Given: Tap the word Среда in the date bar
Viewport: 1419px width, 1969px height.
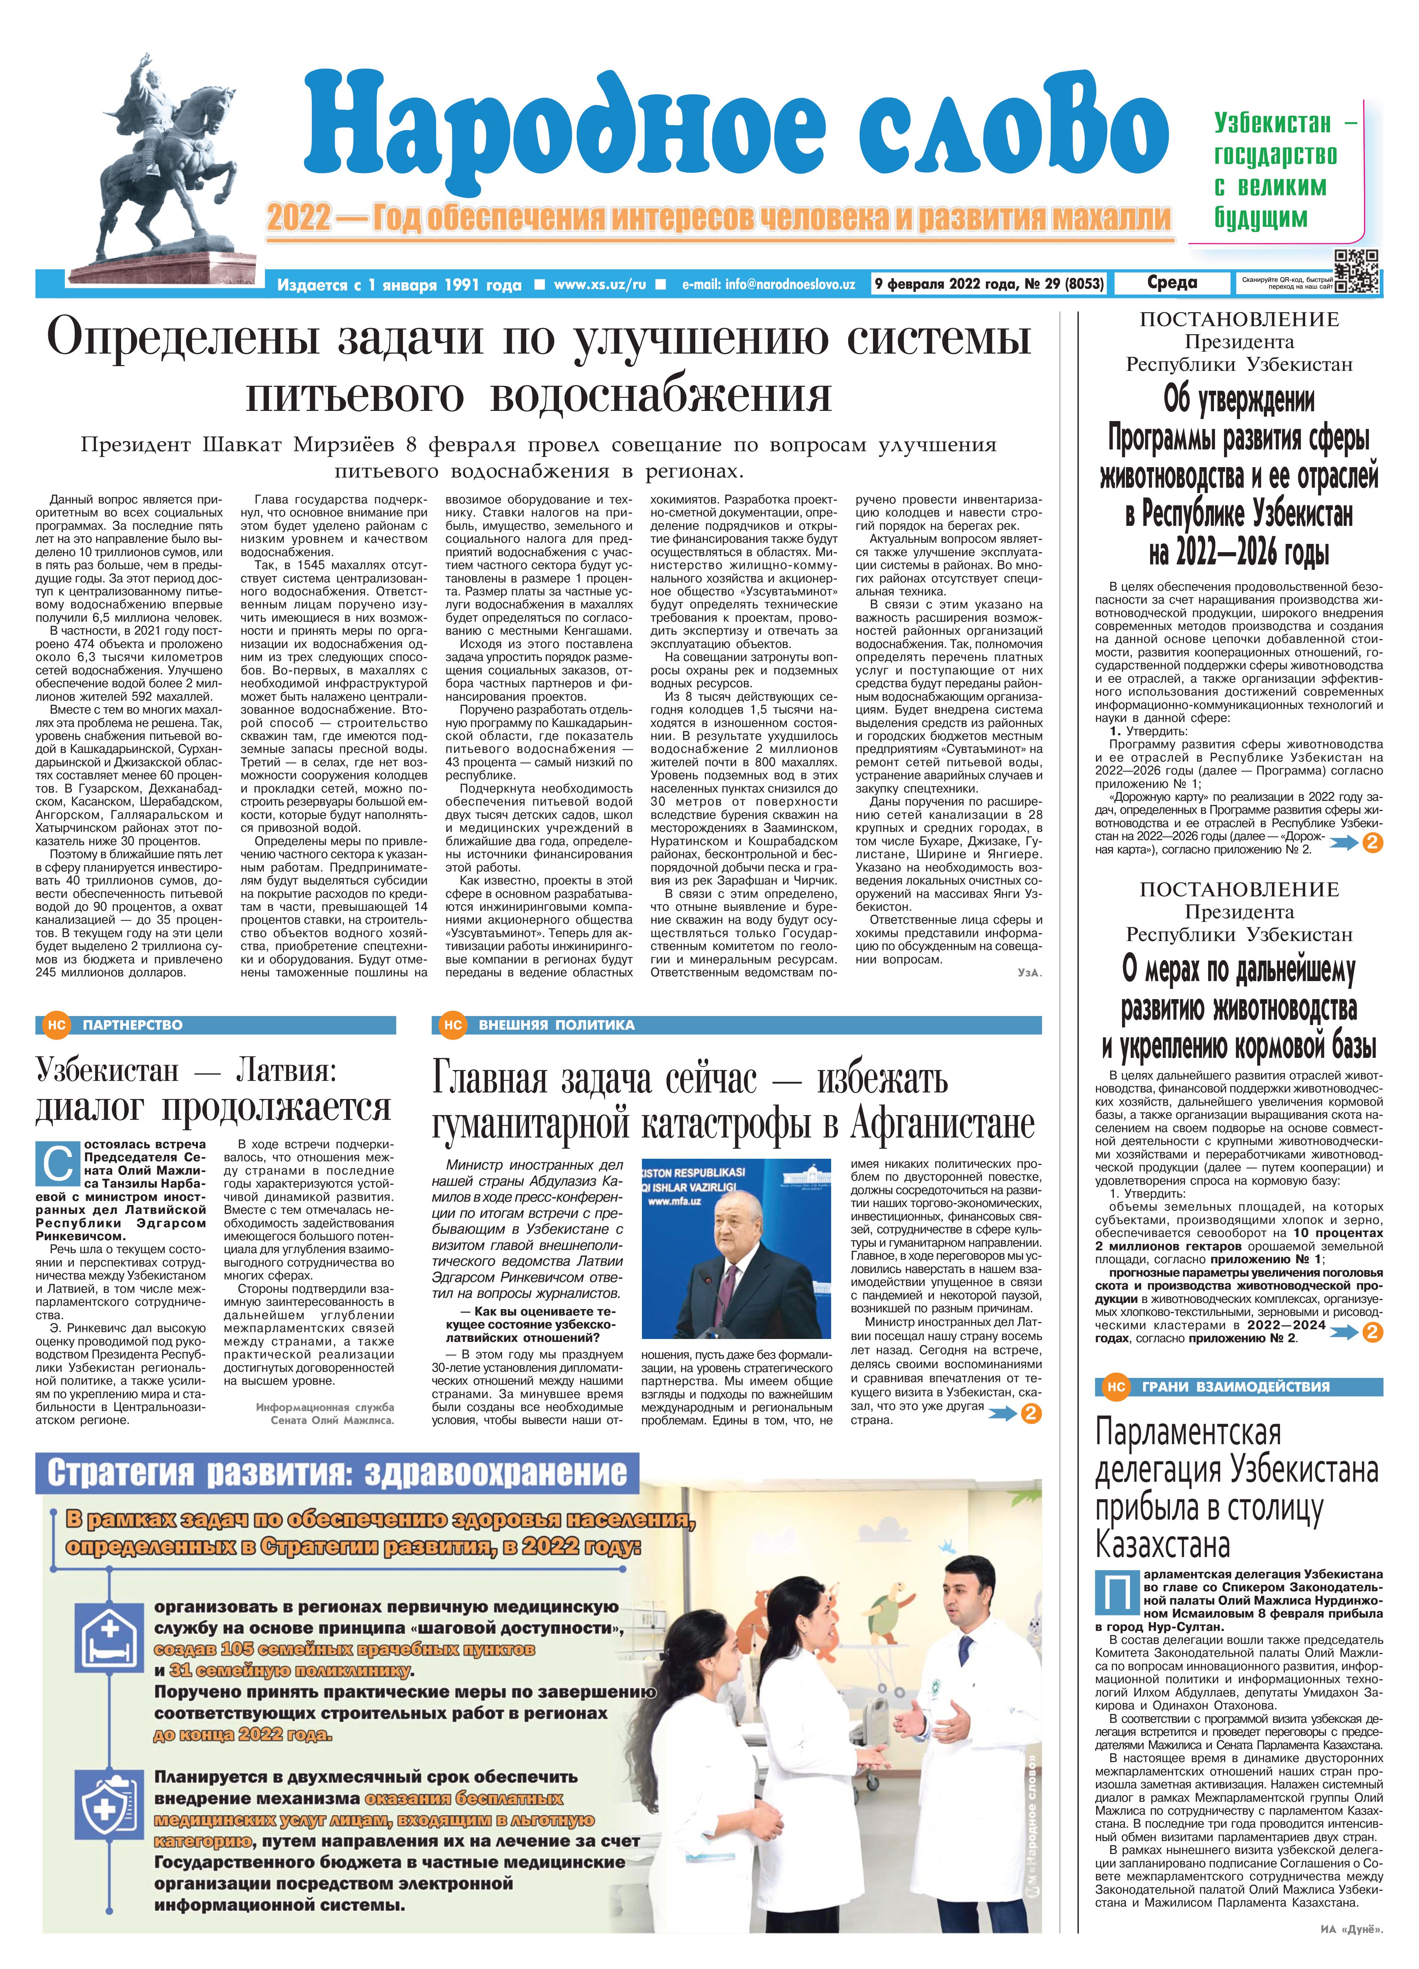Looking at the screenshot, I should (1171, 283).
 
